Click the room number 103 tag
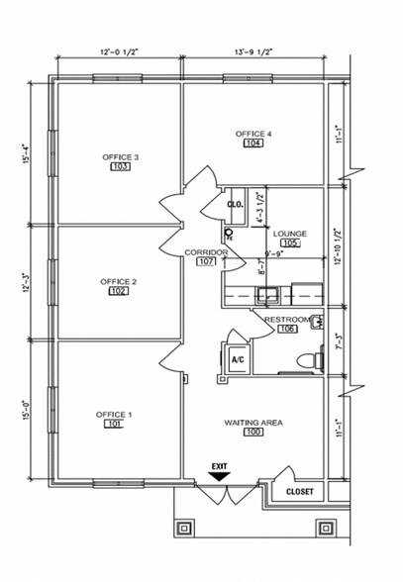pos(120,167)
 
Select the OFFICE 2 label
pos(119,281)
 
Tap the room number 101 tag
pos(114,424)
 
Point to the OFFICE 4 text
pos(253,133)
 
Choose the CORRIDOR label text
pos(206,252)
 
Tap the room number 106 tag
pos(286,329)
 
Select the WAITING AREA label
pos(253,422)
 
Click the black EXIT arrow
pos(219,475)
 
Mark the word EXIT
pos(219,464)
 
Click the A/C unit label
pos(238,361)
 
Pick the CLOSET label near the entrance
pos(299,491)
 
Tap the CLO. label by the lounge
pos(236,205)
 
